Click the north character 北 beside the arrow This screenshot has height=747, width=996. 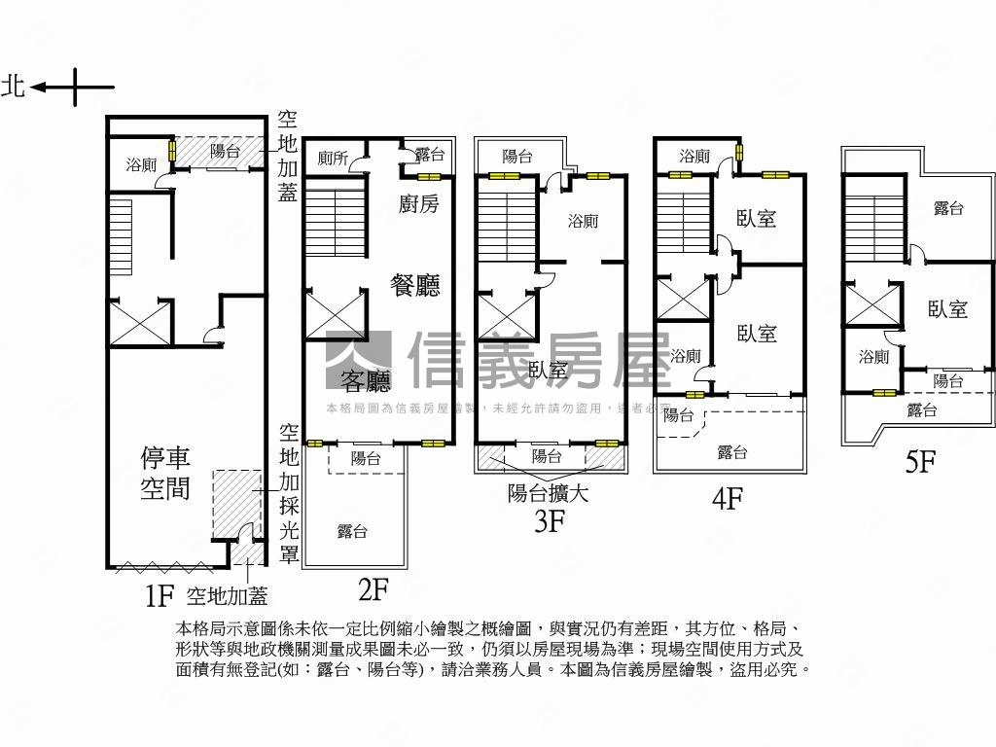pyautogui.click(x=14, y=87)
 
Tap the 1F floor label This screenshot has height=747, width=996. pyautogui.click(x=159, y=595)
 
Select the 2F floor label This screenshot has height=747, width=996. pyautogui.click(x=373, y=588)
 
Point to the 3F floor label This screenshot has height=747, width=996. pyautogui.click(x=550, y=521)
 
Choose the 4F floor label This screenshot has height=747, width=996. pyautogui.click(x=728, y=499)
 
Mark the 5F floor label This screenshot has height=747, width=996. pyautogui.click(x=920, y=461)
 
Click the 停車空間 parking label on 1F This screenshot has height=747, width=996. pyautogui.click(x=165, y=473)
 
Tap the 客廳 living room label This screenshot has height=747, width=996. pyautogui.click(x=365, y=379)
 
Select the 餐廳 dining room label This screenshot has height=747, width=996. pyautogui.click(x=415, y=285)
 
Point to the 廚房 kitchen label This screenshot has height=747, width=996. pyautogui.click(x=419, y=203)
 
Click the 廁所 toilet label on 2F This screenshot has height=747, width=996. pyautogui.click(x=333, y=158)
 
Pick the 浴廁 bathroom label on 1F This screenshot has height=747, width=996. pyautogui.click(x=141, y=165)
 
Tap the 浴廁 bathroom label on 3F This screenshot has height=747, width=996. pyautogui.click(x=583, y=221)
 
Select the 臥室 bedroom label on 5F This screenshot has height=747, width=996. pyautogui.click(x=947, y=309)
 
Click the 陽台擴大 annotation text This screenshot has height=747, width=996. pyautogui.click(x=549, y=493)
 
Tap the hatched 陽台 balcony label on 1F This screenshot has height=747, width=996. pyautogui.click(x=225, y=151)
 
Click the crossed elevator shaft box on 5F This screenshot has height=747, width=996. pyautogui.click(x=867, y=304)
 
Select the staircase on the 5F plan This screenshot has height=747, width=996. pyautogui.click(x=875, y=229)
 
